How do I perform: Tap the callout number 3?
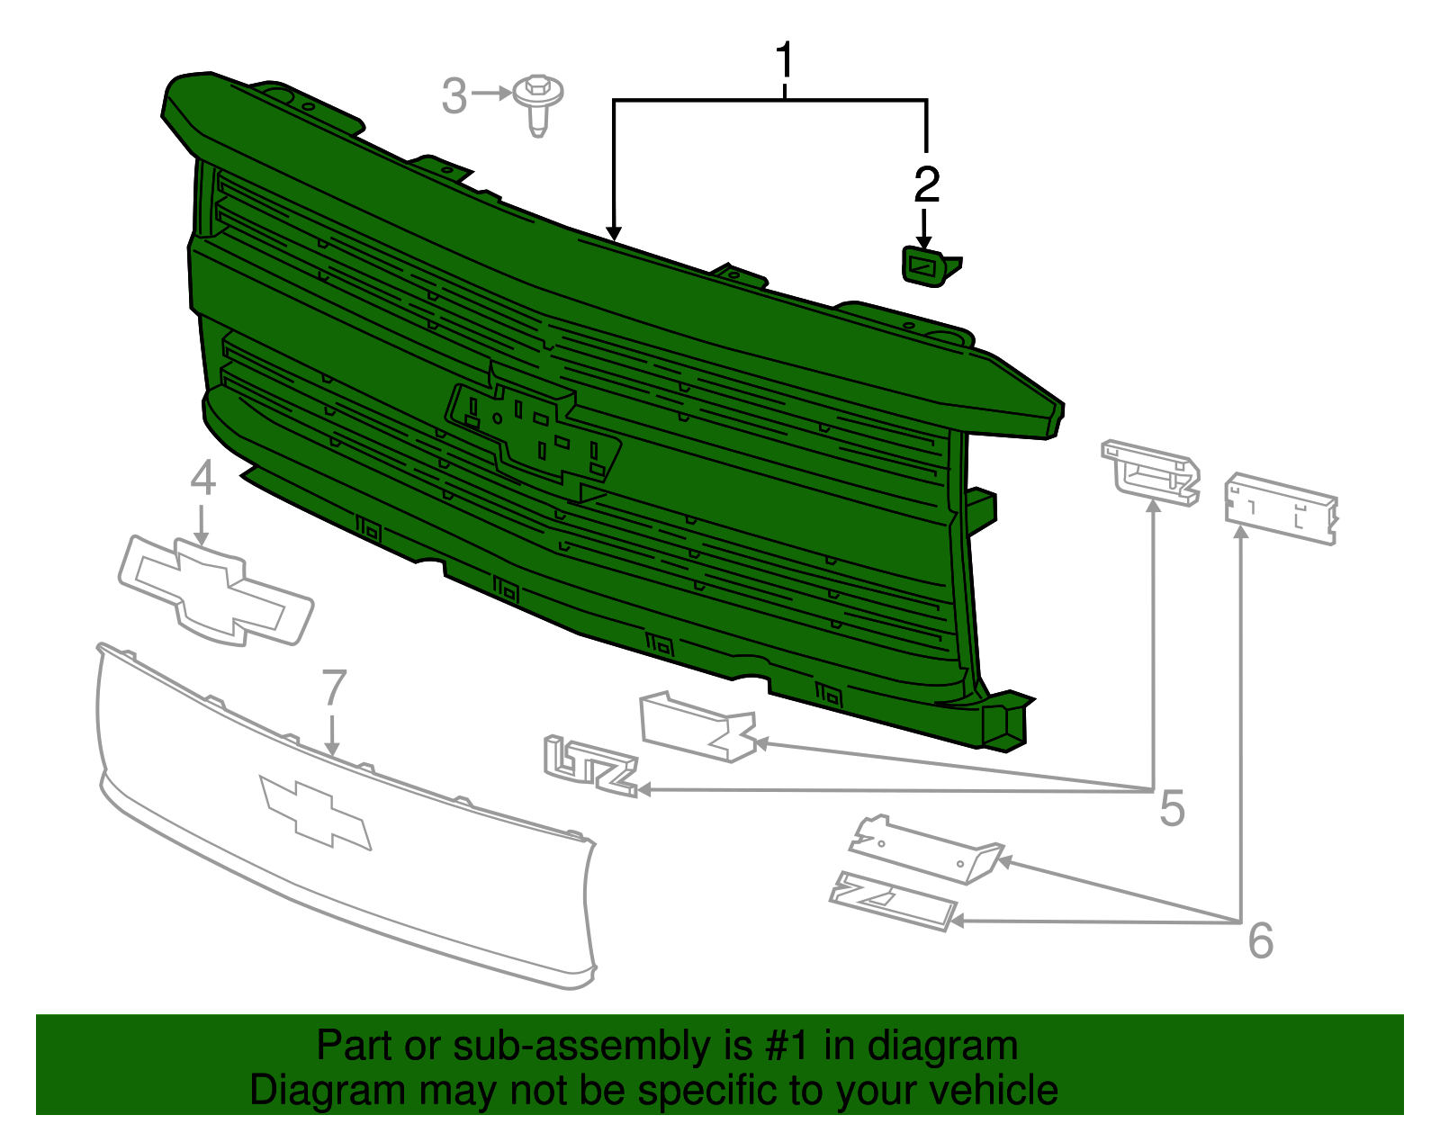click(454, 96)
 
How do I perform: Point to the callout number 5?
click(1173, 808)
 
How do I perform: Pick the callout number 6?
click(1260, 940)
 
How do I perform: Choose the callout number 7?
click(334, 688)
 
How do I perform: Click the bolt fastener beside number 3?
click(538, 105)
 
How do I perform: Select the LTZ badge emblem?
click(590, 767)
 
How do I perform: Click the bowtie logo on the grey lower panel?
click(315, 813)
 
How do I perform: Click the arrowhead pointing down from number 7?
click(333, 749)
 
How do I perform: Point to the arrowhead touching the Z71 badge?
click(958, 921)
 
